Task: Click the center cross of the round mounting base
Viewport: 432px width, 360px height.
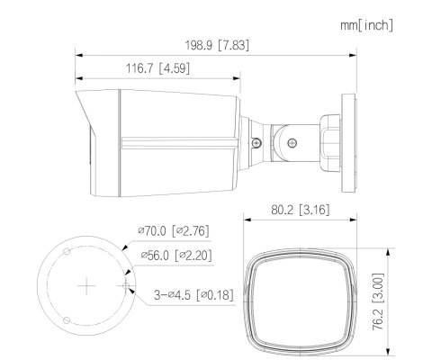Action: point(86,287)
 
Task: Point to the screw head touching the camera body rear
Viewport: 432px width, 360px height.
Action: point(256,141)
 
